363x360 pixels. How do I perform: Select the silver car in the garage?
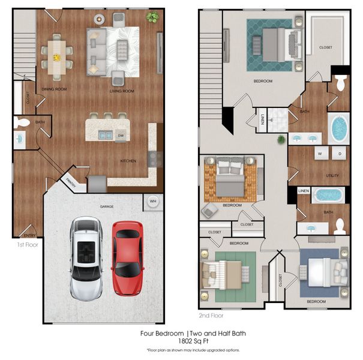[x=86, y=257]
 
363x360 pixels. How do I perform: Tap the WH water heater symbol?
[x=153, y=202]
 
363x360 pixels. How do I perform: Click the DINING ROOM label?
[x=54, y=89]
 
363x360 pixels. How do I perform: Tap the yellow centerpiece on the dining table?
[x=57, y=58]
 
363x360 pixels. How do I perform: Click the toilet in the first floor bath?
[x=22, y=122]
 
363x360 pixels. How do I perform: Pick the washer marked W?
[x=319, y=154]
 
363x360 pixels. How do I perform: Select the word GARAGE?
[x=107, y=206]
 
